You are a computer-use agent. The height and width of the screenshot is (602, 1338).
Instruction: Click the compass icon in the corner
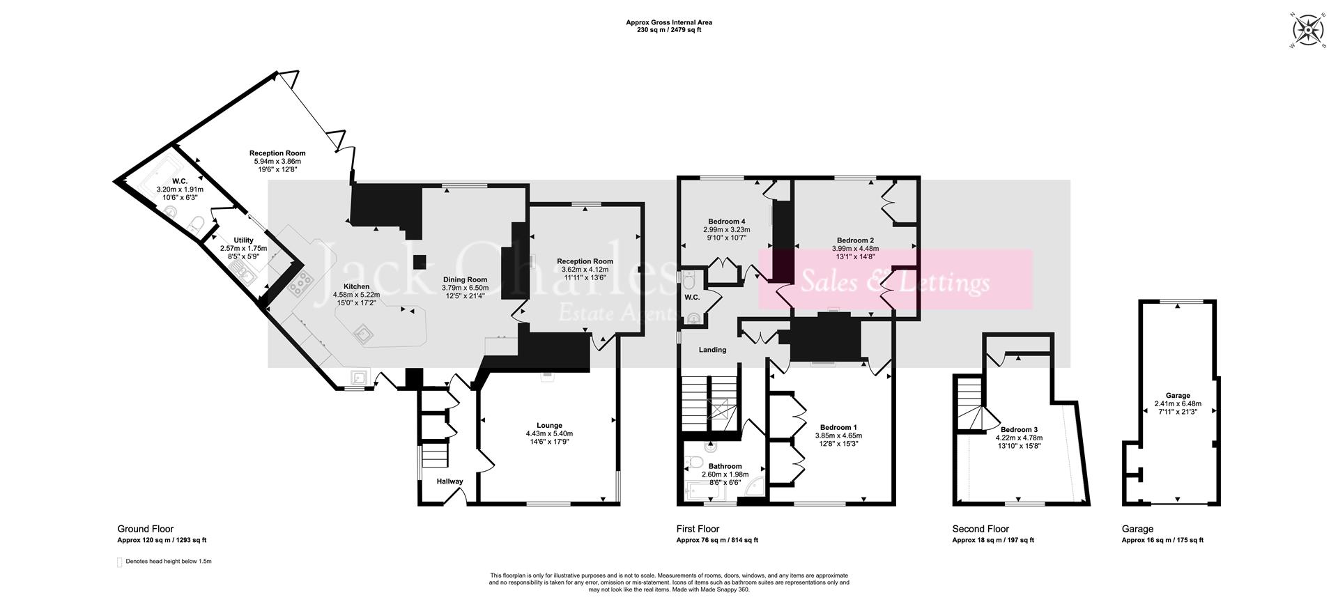(x=1307, y=31)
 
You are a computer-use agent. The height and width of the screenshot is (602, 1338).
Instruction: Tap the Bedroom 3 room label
(x=1019, y=430)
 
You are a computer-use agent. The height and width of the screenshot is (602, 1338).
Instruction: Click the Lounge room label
(x=549, y=426)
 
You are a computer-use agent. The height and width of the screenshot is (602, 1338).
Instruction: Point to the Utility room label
(x=243, y=240)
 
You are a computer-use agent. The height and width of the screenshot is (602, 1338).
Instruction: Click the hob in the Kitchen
(x=301, y=283)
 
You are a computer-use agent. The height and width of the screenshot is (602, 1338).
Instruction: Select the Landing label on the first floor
(x=712, y=350)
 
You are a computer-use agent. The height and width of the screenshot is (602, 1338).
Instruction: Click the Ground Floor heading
(x=145, y=529)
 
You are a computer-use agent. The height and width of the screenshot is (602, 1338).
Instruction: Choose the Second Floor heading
(x=981, y=529)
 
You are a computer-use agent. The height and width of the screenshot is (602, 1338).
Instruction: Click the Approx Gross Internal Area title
(x=668, y=22)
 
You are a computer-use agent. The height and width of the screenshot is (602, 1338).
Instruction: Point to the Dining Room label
(x=466, y=280)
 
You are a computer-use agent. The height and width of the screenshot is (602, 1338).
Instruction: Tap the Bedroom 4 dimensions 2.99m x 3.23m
(x=725, y=229)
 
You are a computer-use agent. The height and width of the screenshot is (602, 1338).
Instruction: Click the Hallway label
(x=449, y=481)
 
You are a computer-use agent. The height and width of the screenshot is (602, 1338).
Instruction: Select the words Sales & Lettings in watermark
(x=895, y=283)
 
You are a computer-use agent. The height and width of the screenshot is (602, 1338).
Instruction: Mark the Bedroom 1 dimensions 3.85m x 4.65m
(x=843, y=435)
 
